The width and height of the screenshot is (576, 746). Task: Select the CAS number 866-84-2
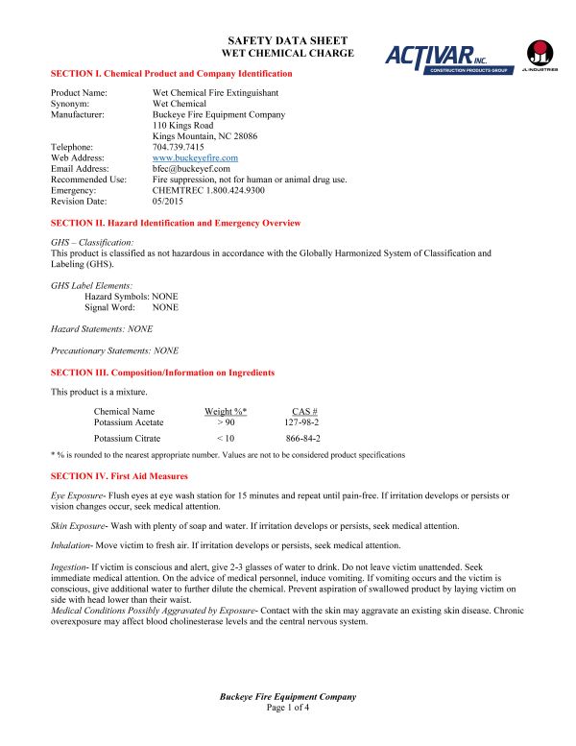coord(303,438)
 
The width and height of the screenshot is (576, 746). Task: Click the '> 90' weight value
coord(226,422)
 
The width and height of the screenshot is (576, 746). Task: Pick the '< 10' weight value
coord(226,438)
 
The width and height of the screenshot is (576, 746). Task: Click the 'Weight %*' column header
coord(226,412)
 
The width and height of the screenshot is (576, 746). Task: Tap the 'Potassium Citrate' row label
coord(129,438)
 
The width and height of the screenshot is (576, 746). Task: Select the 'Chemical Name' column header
coord(124,412)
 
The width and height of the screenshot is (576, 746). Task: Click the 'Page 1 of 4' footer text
coord(288,708)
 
